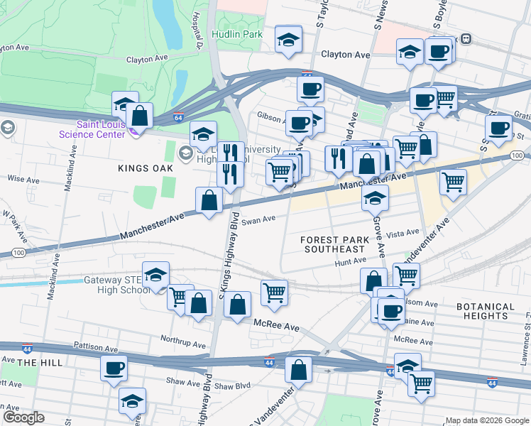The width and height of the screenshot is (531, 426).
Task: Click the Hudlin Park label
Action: coord(237,33)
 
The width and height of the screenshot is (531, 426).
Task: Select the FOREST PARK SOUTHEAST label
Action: coord(336,244)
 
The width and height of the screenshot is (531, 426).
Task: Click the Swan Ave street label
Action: coord(258,220)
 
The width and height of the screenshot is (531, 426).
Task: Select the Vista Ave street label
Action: coord(403,233)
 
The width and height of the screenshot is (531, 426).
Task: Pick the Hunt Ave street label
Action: coord(351,262)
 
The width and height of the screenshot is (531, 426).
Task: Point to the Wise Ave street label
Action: coord(22,180)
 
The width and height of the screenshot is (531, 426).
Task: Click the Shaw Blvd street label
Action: coord(233,386)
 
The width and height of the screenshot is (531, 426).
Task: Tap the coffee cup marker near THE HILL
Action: coord(114,368)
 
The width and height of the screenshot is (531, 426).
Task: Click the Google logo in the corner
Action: coord(23,417)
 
